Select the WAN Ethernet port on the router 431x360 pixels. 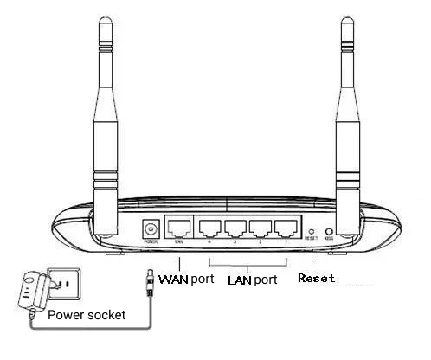(x=179, y=228)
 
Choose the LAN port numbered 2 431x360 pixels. (x=261, y=229)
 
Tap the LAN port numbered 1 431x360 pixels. (x=285, y=229)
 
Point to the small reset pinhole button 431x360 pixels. (x=312, y=231)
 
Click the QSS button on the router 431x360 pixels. (x=329, y=231)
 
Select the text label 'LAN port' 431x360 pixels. (x=252, y=280)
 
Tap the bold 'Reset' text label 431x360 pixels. (x=316, y=279)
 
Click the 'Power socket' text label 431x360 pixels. (x=87, y=315)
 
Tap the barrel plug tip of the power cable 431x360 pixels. (x=150, y=279)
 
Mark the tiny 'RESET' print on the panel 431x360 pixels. (x=312, y=242)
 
